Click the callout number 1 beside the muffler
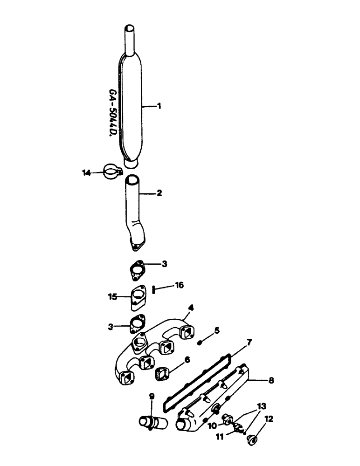[159, 106]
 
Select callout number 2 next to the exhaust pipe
[159, 192]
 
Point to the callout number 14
[85, 172]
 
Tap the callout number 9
[152, 397]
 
